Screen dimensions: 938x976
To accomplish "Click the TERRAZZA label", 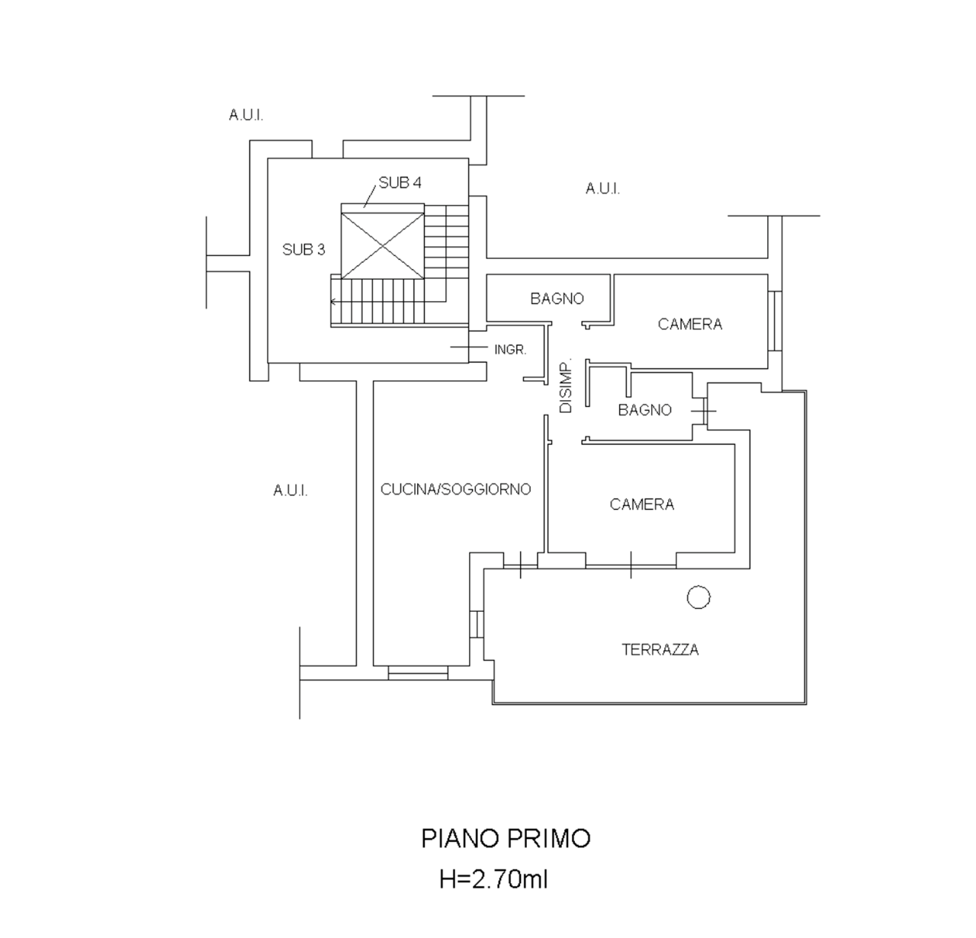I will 660,650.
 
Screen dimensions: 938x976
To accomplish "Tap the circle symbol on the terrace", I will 698,597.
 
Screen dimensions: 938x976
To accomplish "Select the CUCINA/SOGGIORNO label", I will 455,489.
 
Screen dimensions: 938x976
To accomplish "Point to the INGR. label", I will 509,350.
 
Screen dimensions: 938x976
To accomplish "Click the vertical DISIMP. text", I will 566,386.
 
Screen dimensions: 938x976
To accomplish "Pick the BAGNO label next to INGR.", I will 557,299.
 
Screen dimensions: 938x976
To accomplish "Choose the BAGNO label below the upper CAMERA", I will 645,410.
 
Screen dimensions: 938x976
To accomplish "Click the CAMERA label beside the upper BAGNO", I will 690,325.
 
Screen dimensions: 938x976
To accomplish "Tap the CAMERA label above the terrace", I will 642,504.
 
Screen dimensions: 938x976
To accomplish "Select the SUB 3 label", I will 303,249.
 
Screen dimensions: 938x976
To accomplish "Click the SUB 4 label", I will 400,183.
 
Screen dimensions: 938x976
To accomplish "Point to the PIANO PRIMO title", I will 506,838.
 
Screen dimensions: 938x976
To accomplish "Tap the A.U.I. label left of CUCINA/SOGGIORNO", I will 291,490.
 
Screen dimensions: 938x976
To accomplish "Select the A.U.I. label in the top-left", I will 246,115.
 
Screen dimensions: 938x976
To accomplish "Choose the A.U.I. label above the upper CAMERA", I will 602,188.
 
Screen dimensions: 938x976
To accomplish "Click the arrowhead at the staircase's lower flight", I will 333,302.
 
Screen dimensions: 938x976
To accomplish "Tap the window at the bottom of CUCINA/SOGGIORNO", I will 417,673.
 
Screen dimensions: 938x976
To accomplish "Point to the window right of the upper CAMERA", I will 775,321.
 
